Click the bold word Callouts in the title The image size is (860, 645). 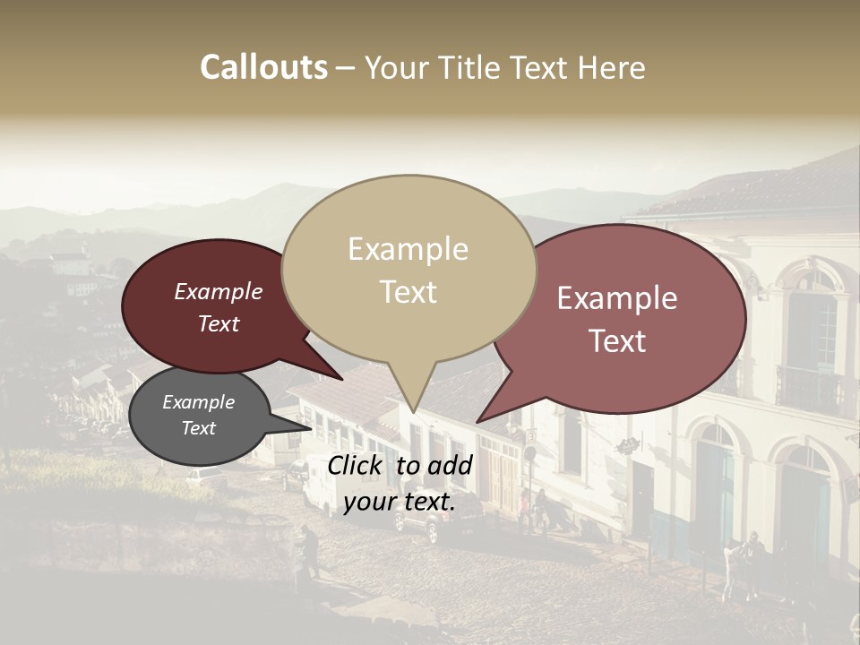tap(263, 67)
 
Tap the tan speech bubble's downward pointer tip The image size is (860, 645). tap(413, 411)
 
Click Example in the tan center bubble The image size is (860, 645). tap(408, 249)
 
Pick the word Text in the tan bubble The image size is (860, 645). tap(408, 292)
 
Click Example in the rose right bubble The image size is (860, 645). tap(617, 298)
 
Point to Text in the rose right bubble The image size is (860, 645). tap(618, 340)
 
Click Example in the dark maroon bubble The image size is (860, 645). tap(218, 291)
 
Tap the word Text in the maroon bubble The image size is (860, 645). tap(219, 323)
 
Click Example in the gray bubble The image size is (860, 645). tap(198, 402)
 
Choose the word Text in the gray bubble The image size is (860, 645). tap(198, 428)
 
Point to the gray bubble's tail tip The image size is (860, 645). tap(311, 428)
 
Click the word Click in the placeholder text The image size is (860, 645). tap(356, 465)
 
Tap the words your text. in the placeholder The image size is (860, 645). tap(399, 502)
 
